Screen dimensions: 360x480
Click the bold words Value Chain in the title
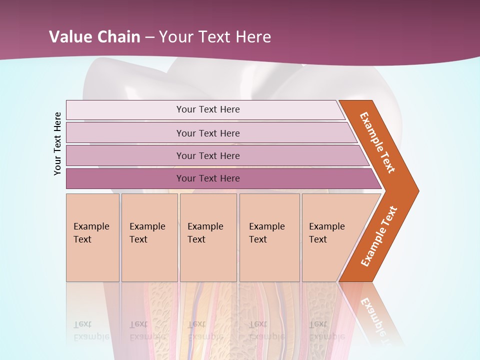pos(94,37)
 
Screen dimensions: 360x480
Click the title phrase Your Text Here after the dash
pos(215,37)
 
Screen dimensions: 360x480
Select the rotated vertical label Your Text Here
pos(58,143)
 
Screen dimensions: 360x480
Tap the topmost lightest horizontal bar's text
pos(208,109)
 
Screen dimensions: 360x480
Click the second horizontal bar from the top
pos(208,133)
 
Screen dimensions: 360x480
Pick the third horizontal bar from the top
pos(208,155)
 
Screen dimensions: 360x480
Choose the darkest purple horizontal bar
pos(208,178)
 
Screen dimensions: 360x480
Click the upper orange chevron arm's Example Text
pos(377,142)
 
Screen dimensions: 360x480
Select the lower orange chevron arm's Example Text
pos(379,236)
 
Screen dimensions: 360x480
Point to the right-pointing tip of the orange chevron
pos(415,190)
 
